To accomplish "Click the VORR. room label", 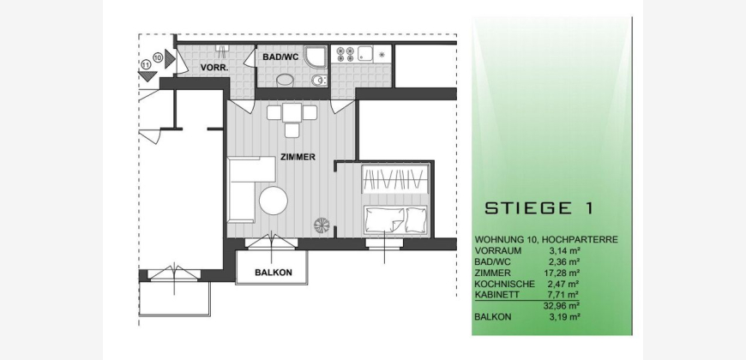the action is [214, 68].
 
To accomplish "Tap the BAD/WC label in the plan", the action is [280, 57].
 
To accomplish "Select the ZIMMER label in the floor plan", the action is [298, 158].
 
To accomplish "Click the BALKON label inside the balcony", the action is [274, 273].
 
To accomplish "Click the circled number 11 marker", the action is [146, 64].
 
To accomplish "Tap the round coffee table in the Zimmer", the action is [273, 201].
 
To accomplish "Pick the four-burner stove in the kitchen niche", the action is [346, 54].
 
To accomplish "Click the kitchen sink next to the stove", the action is [365, 54].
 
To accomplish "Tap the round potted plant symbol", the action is [322, 225].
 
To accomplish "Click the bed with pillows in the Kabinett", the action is [395, 220].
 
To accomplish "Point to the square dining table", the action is [292, 112].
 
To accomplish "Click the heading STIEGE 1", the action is [538, 208].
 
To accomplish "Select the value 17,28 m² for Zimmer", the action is [562, 273].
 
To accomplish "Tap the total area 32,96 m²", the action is [562, 306].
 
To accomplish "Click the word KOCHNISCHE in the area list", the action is [505, 284].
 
